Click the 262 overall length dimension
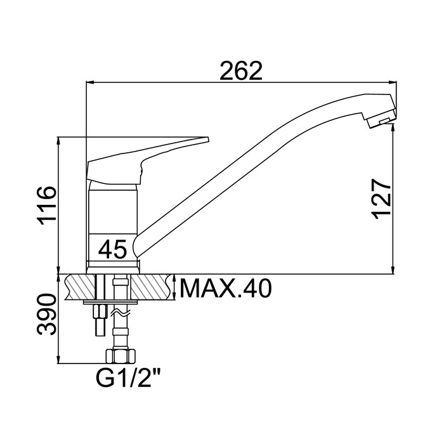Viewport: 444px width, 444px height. pyautogui.click(x=241, y=70)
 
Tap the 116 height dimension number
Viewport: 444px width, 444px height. pyautogui.click(x=47, y=206)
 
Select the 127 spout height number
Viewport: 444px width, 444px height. pyautogui.click(x=381, y=199)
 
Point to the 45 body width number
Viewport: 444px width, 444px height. pyautogui.click(x=112, y=249)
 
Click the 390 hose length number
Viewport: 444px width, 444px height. pyautogui.click(x=47, y=315)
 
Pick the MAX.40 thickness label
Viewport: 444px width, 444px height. pyautogui.click(x=226, y=289)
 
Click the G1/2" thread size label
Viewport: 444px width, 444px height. pyautogui.click(x=129, y=378)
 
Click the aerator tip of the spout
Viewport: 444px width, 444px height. pyautogui.click(x=381, y=121)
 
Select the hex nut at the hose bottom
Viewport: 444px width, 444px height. pyautogui.click(x=120, y=356)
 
